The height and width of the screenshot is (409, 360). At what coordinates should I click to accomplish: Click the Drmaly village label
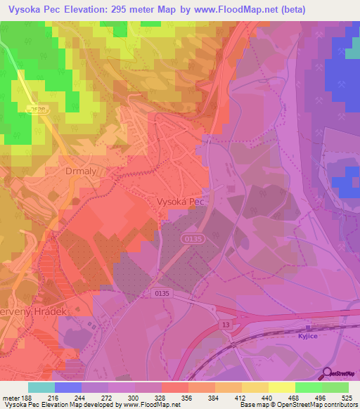[x=79, y=171]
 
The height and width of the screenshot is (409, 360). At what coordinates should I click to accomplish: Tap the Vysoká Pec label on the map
[x=181, y=201]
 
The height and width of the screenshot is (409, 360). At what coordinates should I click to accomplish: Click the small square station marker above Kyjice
[x=307, y=327]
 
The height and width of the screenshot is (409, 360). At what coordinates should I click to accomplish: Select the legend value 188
[x=27, y=398]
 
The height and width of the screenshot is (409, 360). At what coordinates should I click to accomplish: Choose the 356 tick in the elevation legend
[x=188, y=398]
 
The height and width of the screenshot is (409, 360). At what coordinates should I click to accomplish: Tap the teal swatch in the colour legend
[x=41, y=387]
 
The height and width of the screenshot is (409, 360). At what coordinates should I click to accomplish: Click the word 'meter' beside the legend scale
[x=10, y=398]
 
